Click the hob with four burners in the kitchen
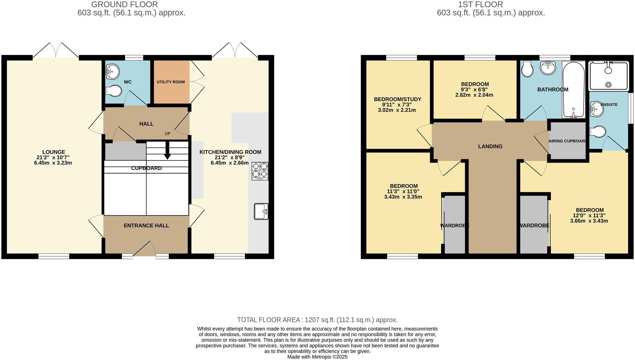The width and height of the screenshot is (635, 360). pos(260,171)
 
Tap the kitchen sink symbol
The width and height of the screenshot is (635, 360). pos(261,211)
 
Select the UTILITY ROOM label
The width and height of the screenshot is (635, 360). pos(170,82)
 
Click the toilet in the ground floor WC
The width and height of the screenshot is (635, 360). pos(114,91)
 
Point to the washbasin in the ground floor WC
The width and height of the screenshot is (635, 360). pos(113,72)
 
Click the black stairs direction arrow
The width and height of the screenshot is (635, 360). pos(167,151)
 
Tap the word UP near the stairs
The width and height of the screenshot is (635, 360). pos(167,134)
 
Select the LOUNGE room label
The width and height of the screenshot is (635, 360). pos(54,152)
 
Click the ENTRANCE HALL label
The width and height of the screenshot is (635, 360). pos(146,225)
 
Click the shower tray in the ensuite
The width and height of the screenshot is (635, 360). pos(608,76)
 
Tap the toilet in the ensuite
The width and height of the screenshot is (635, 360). pos(597,132)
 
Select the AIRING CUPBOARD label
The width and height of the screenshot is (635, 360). pos(567,141)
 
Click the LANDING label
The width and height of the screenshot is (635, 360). pos(490,146)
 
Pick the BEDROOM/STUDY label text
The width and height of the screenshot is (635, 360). pos(397,99)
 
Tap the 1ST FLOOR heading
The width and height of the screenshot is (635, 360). pos(480,5)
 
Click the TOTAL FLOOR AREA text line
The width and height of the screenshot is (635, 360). pos(317,320)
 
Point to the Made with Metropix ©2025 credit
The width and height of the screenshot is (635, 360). pos(317,357)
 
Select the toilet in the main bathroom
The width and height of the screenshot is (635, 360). pos(527,69)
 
